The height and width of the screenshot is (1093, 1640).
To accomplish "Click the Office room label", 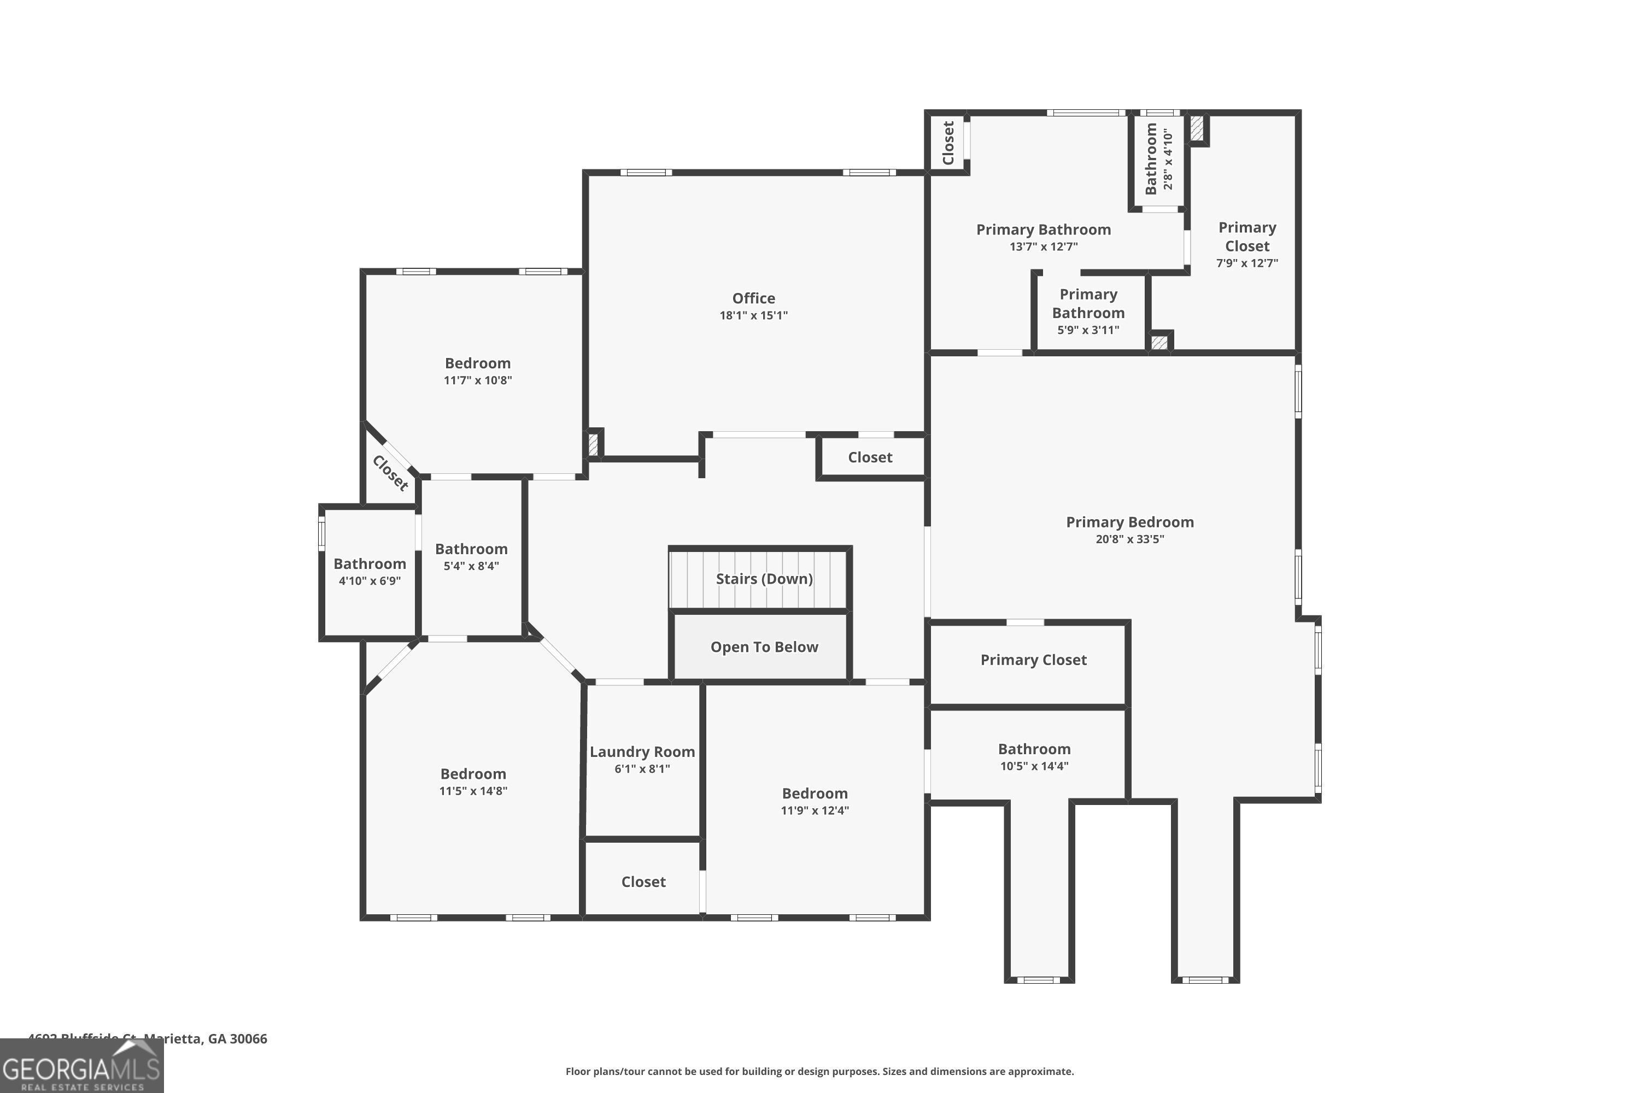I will click(753, 298).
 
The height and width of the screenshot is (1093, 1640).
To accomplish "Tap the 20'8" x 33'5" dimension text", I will click(1129, 539).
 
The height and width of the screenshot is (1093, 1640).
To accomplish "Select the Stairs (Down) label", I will click(764, 579).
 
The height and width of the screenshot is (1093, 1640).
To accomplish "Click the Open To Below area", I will click(764, 647).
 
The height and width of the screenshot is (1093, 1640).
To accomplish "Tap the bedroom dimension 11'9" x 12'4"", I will click(814, 810).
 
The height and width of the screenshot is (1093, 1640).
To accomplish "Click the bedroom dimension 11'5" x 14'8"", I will click(473, 790).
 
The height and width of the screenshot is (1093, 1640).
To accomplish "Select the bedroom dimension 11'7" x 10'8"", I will click(478, 380).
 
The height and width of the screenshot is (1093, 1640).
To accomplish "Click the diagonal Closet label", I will click(390, 473).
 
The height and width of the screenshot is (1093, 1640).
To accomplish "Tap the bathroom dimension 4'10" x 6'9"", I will click(369, 580).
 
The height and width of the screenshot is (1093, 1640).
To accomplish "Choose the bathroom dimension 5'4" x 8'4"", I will click(471, 566).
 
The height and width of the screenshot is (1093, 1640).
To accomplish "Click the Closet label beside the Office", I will click(870, 457).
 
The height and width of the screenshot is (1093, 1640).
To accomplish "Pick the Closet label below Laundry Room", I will click(643, 882).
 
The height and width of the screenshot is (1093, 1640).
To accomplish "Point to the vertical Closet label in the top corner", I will click(947, 143).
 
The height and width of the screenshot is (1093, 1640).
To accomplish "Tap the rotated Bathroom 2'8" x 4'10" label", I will click(1158, 159).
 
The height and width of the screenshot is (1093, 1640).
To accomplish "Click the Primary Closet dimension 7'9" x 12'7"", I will click(1247, 263).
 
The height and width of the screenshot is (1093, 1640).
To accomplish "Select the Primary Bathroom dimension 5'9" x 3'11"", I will click(1088, 330).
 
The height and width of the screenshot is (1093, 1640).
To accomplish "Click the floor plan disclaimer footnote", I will click(819, 1071).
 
